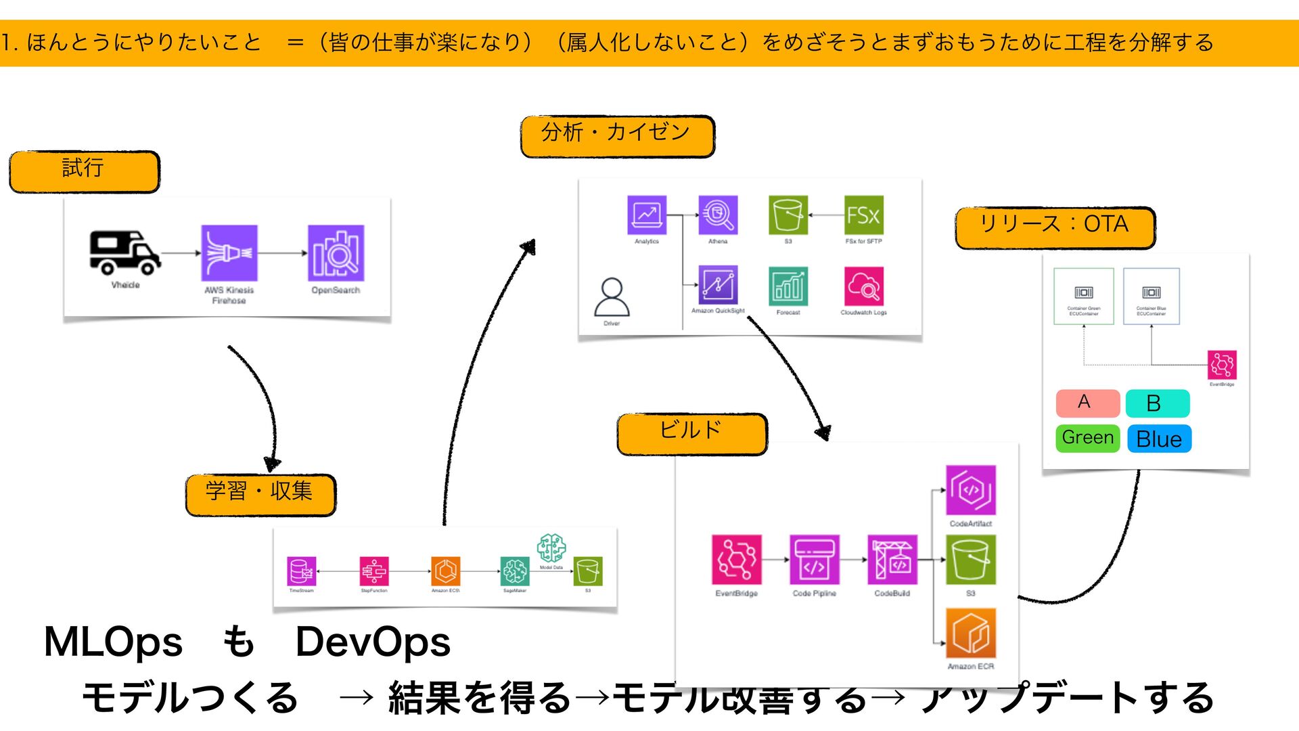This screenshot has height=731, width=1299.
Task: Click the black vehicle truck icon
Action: click(x=125, y=252)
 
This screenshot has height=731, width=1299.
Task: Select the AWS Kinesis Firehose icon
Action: click(x=229, y=253)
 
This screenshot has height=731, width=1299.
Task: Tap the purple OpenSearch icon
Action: click(x=336, y=253)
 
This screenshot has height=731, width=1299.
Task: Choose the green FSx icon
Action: click(x=864, y=215)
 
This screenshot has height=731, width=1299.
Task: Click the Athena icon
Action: click(x=718, y=215)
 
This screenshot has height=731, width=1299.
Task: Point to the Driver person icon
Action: click(x=612, y=298)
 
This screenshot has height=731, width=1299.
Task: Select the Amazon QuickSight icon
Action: click(x=718, y=285)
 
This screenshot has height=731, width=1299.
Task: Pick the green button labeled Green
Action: click(x=1087, y=438)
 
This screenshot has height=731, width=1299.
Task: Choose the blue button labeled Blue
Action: click(x=1159, y=439)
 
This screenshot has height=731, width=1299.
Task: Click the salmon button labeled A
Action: click(x=1087, y=403)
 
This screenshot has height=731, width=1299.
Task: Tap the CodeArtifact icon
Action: click(x=970, y=490)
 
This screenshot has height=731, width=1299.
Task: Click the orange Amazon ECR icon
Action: click(x=970, y=633)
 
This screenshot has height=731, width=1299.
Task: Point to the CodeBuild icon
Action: click(x=892, y=560)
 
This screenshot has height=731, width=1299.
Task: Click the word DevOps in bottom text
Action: click(x=373, y=642)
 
